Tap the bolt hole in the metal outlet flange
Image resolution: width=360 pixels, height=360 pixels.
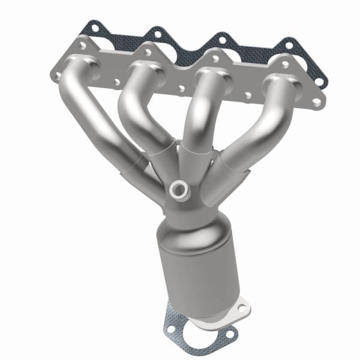tap(242, 309)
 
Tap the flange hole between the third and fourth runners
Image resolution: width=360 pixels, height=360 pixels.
tap(248, 95)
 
